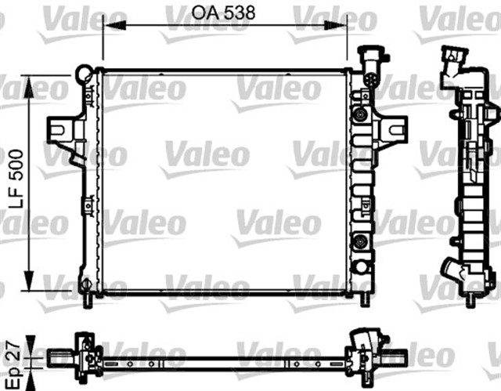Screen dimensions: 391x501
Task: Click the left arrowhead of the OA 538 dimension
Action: coord(125,26)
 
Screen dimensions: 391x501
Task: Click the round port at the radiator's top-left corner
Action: coord(83,75)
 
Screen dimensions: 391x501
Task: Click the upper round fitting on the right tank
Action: coord(360,114)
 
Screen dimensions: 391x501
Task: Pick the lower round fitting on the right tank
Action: coord(360,241)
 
